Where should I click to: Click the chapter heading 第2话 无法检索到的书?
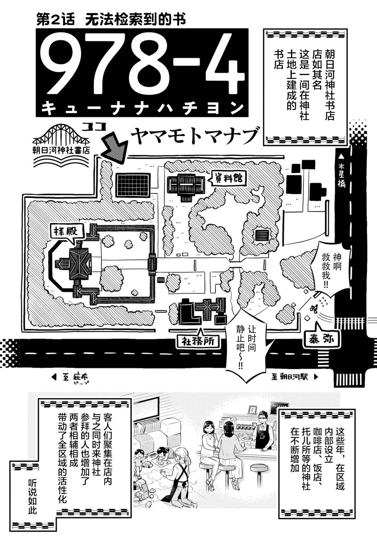point(111,19)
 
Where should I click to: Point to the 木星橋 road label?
point(341,175)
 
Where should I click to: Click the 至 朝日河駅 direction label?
point(294,376)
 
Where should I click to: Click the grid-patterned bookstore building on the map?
point(133,185)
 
